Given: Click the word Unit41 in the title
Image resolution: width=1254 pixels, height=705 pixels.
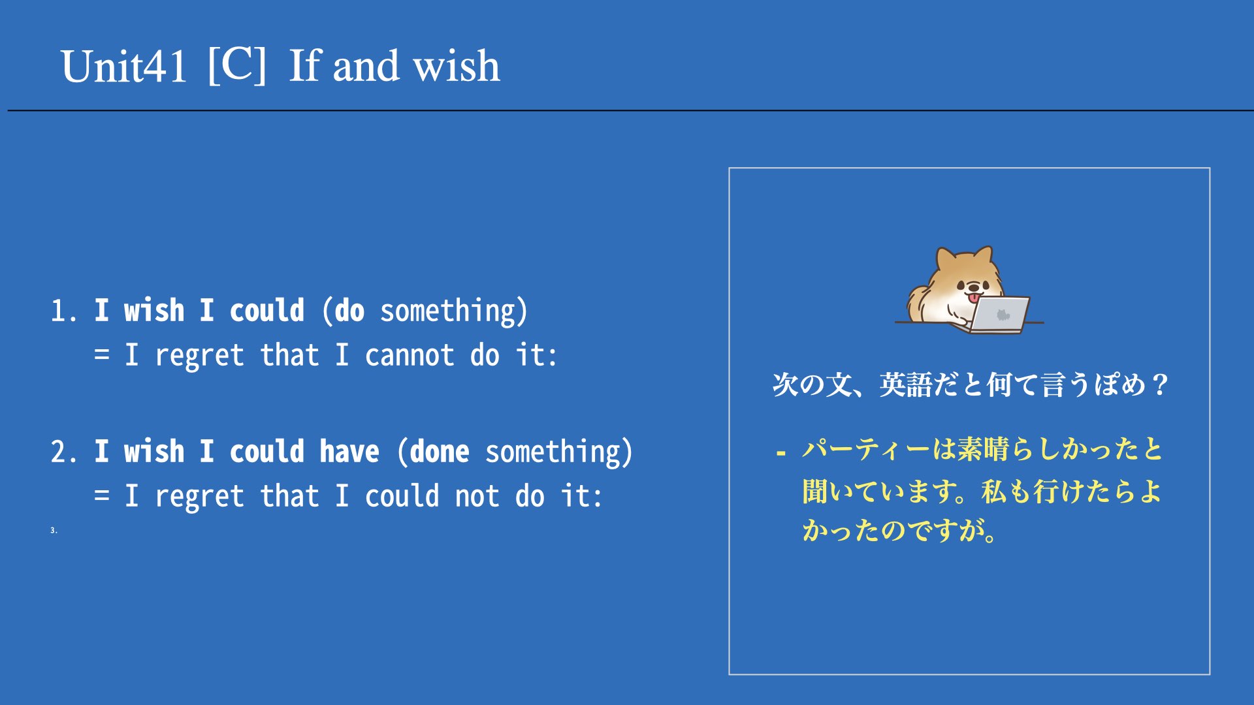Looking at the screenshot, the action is click(124, 67).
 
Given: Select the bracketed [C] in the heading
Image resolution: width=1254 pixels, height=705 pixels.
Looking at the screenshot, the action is click(237, 65).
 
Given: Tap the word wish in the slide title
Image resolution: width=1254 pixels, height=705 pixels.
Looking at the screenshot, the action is click(457, 66).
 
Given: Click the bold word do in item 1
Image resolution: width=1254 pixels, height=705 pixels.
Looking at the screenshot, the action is click(349, 311).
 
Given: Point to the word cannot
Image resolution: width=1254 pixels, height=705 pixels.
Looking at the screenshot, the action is click(410, 355).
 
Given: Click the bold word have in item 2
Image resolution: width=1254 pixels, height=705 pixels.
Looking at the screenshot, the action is click(349, 451).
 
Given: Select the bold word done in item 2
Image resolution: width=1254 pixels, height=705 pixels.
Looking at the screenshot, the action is click(440, 451).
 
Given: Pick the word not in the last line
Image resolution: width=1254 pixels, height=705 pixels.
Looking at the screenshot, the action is click(477, 496).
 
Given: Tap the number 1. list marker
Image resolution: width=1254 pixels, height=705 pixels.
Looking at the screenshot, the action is click(64, 311).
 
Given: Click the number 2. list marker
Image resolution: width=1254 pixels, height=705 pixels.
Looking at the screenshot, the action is click(64, 452).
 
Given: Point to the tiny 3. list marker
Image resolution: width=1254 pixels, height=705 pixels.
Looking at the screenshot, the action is click(54, 530).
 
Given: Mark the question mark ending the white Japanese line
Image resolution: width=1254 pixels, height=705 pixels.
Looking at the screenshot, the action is click(1160, 384).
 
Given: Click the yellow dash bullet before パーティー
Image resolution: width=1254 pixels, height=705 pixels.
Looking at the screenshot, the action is click(780, 452).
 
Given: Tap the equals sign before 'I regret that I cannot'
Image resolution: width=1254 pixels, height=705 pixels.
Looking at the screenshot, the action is click(102, 355).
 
